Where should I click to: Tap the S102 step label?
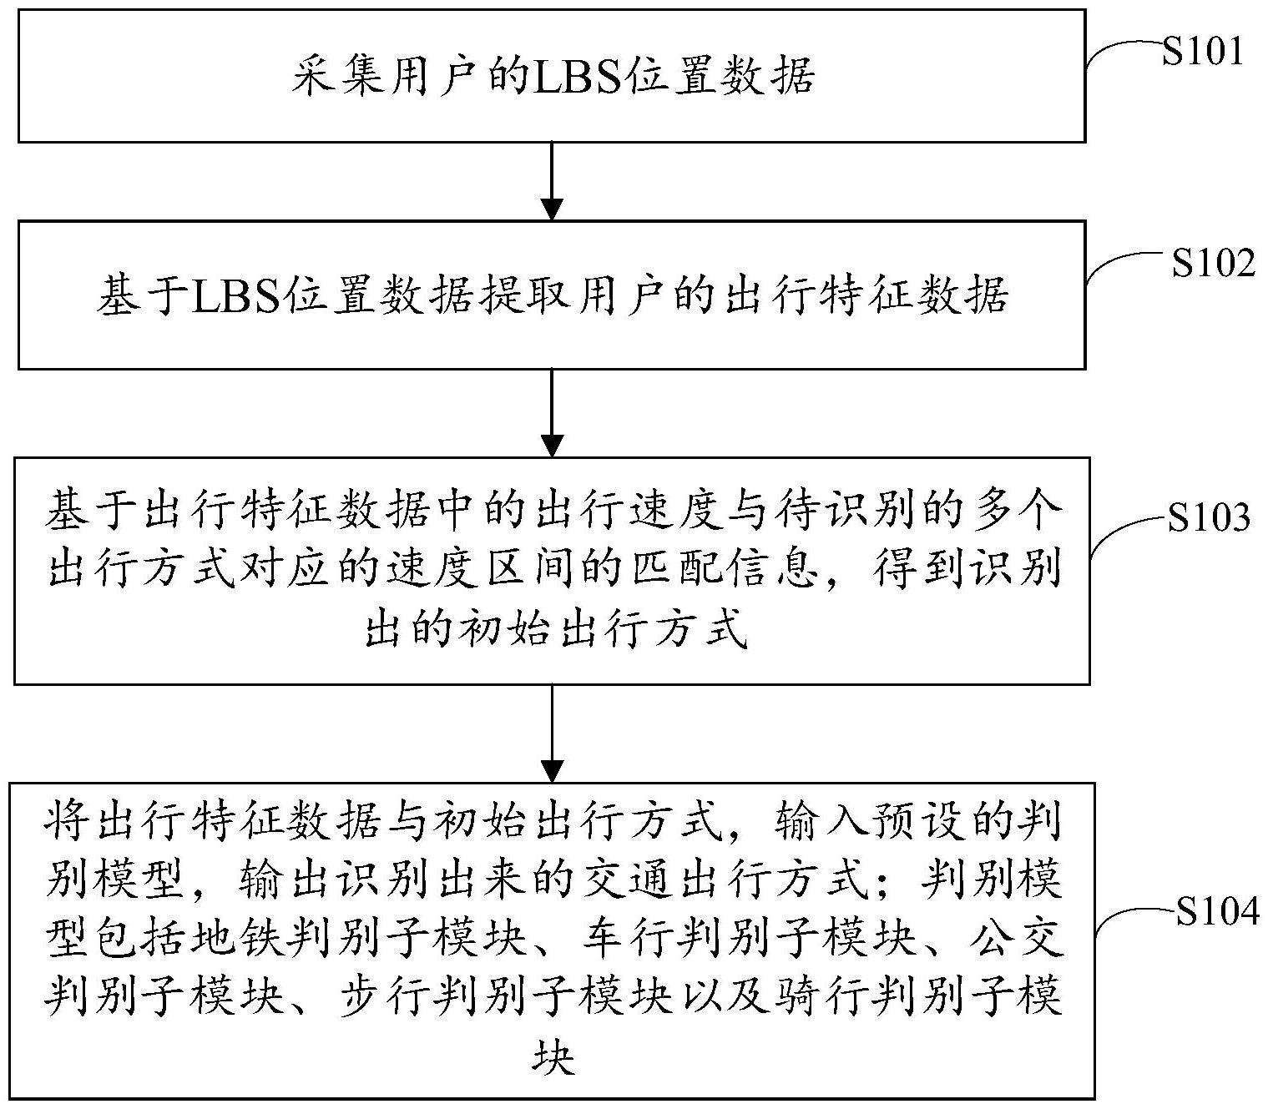click(x=1213, y=264)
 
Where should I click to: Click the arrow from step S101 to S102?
click(x=553, y=181)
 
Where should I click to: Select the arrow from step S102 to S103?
click(x=553, y=413)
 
